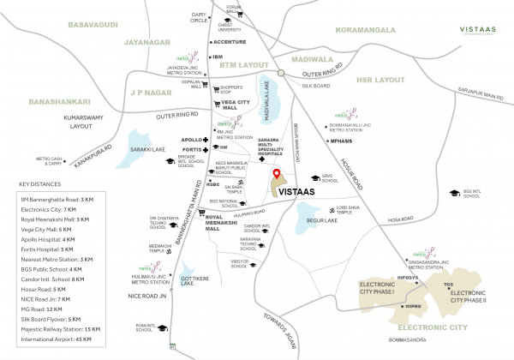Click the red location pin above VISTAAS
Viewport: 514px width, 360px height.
[276, 177]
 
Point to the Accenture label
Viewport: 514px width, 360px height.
[230, 41]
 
